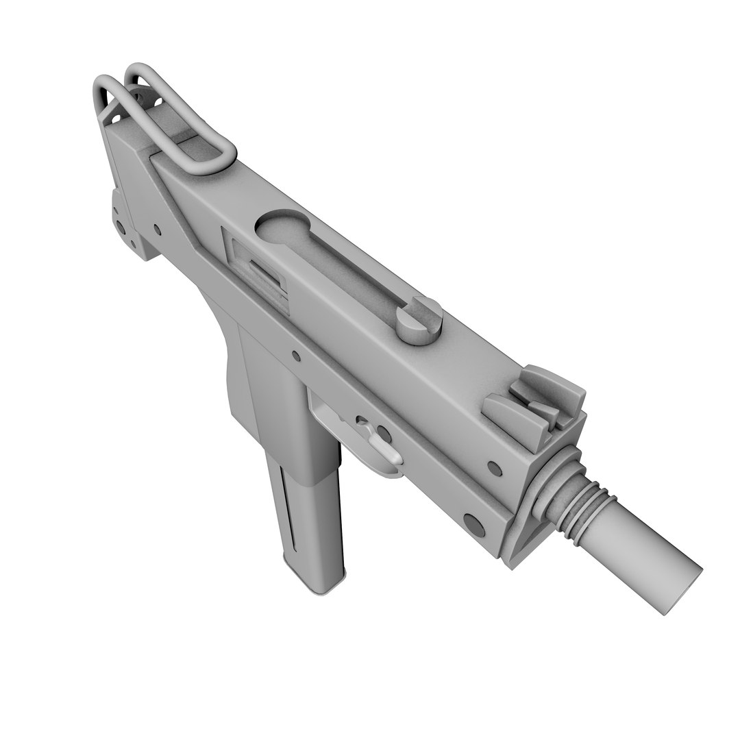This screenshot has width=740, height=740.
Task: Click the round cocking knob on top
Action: pyautogui.click(x=419, y=321)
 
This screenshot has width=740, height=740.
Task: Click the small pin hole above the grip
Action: pyautogui.click(x=295, y=356)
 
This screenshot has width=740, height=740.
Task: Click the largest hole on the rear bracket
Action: pyautogui.click(x=121, y=227)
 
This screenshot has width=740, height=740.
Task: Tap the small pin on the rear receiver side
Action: pyautogui.click(x=157, y=229)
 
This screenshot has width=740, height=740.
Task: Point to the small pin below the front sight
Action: pyautogui.click(x=493, y=469)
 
